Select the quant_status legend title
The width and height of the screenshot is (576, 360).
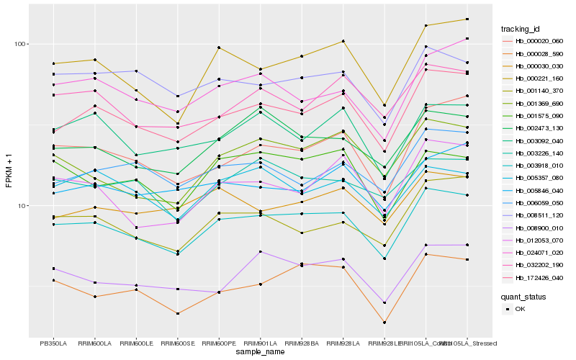(523, 297)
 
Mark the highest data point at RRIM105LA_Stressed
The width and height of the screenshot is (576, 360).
(467, 19)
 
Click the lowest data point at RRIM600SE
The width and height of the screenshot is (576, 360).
(177, 313)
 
